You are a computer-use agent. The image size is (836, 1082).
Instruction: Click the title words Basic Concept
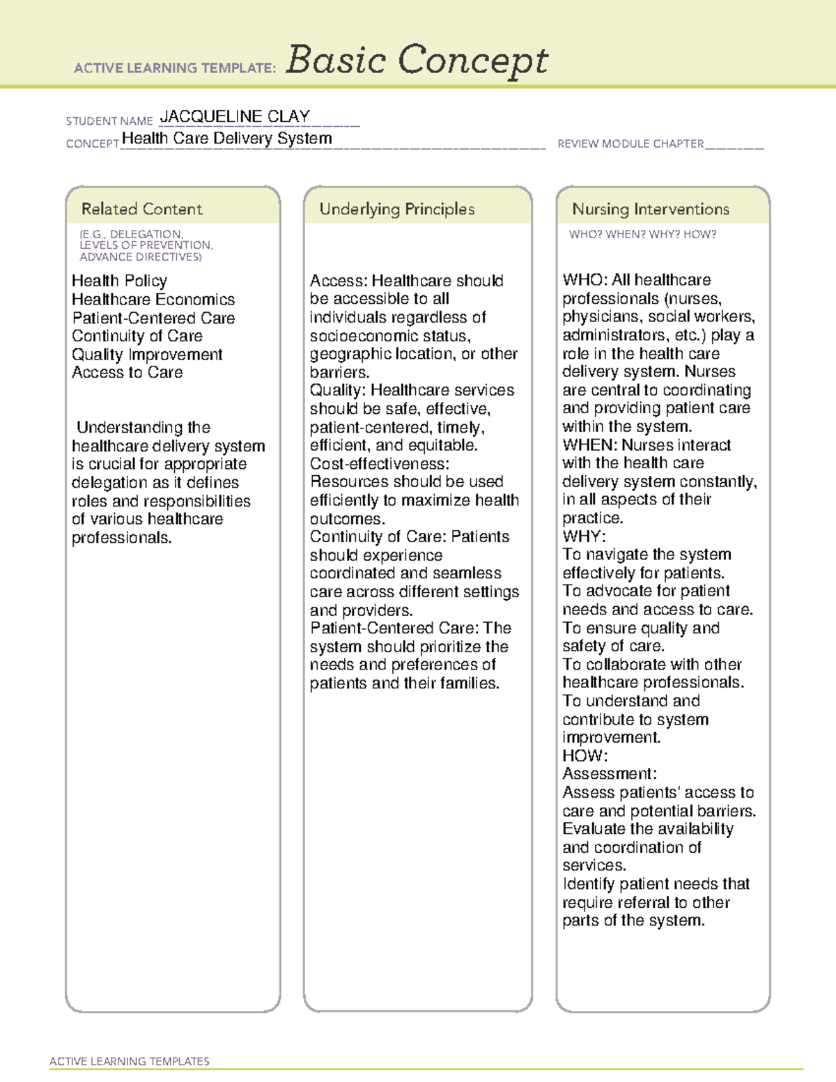(x=417, y=60)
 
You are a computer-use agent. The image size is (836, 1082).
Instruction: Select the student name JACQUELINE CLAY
(x=235, y=116)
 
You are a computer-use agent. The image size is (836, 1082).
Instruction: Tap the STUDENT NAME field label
(x=109, y=121)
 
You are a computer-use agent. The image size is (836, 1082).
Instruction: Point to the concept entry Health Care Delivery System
(x=226, y=138)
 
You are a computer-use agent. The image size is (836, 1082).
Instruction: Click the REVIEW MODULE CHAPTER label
(x=630, y=144)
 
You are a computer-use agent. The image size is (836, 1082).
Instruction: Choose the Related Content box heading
(x=141, y=209)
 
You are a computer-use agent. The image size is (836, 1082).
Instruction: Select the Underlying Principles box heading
(x=396, y=209)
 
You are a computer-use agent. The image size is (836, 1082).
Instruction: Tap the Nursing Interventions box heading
(x=650, y=209)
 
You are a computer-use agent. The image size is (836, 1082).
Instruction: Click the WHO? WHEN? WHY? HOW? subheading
(x=642, y=235)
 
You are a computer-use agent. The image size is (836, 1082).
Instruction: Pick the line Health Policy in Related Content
(x=119, y=281)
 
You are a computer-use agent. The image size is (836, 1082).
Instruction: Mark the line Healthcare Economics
(x=153, y=300)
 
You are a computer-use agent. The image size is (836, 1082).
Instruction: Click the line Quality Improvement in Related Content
(x=147, y=355)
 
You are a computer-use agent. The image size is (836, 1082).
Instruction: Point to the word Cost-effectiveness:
(x=379, y=463)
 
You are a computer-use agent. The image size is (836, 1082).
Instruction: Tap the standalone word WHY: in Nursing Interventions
(x=584, y=536)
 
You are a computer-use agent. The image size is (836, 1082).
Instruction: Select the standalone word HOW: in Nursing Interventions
(x=585, y=756)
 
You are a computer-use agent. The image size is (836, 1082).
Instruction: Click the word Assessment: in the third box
(x=610, y=774)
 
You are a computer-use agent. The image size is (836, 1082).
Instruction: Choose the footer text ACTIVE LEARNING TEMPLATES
(x=129, y=1061)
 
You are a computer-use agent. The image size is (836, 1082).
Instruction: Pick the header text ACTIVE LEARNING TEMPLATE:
(x=175, y=68)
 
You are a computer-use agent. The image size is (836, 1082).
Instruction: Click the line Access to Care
(x=127, y=373)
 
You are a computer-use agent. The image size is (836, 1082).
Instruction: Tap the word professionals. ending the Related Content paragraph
(x=121, y=538)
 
